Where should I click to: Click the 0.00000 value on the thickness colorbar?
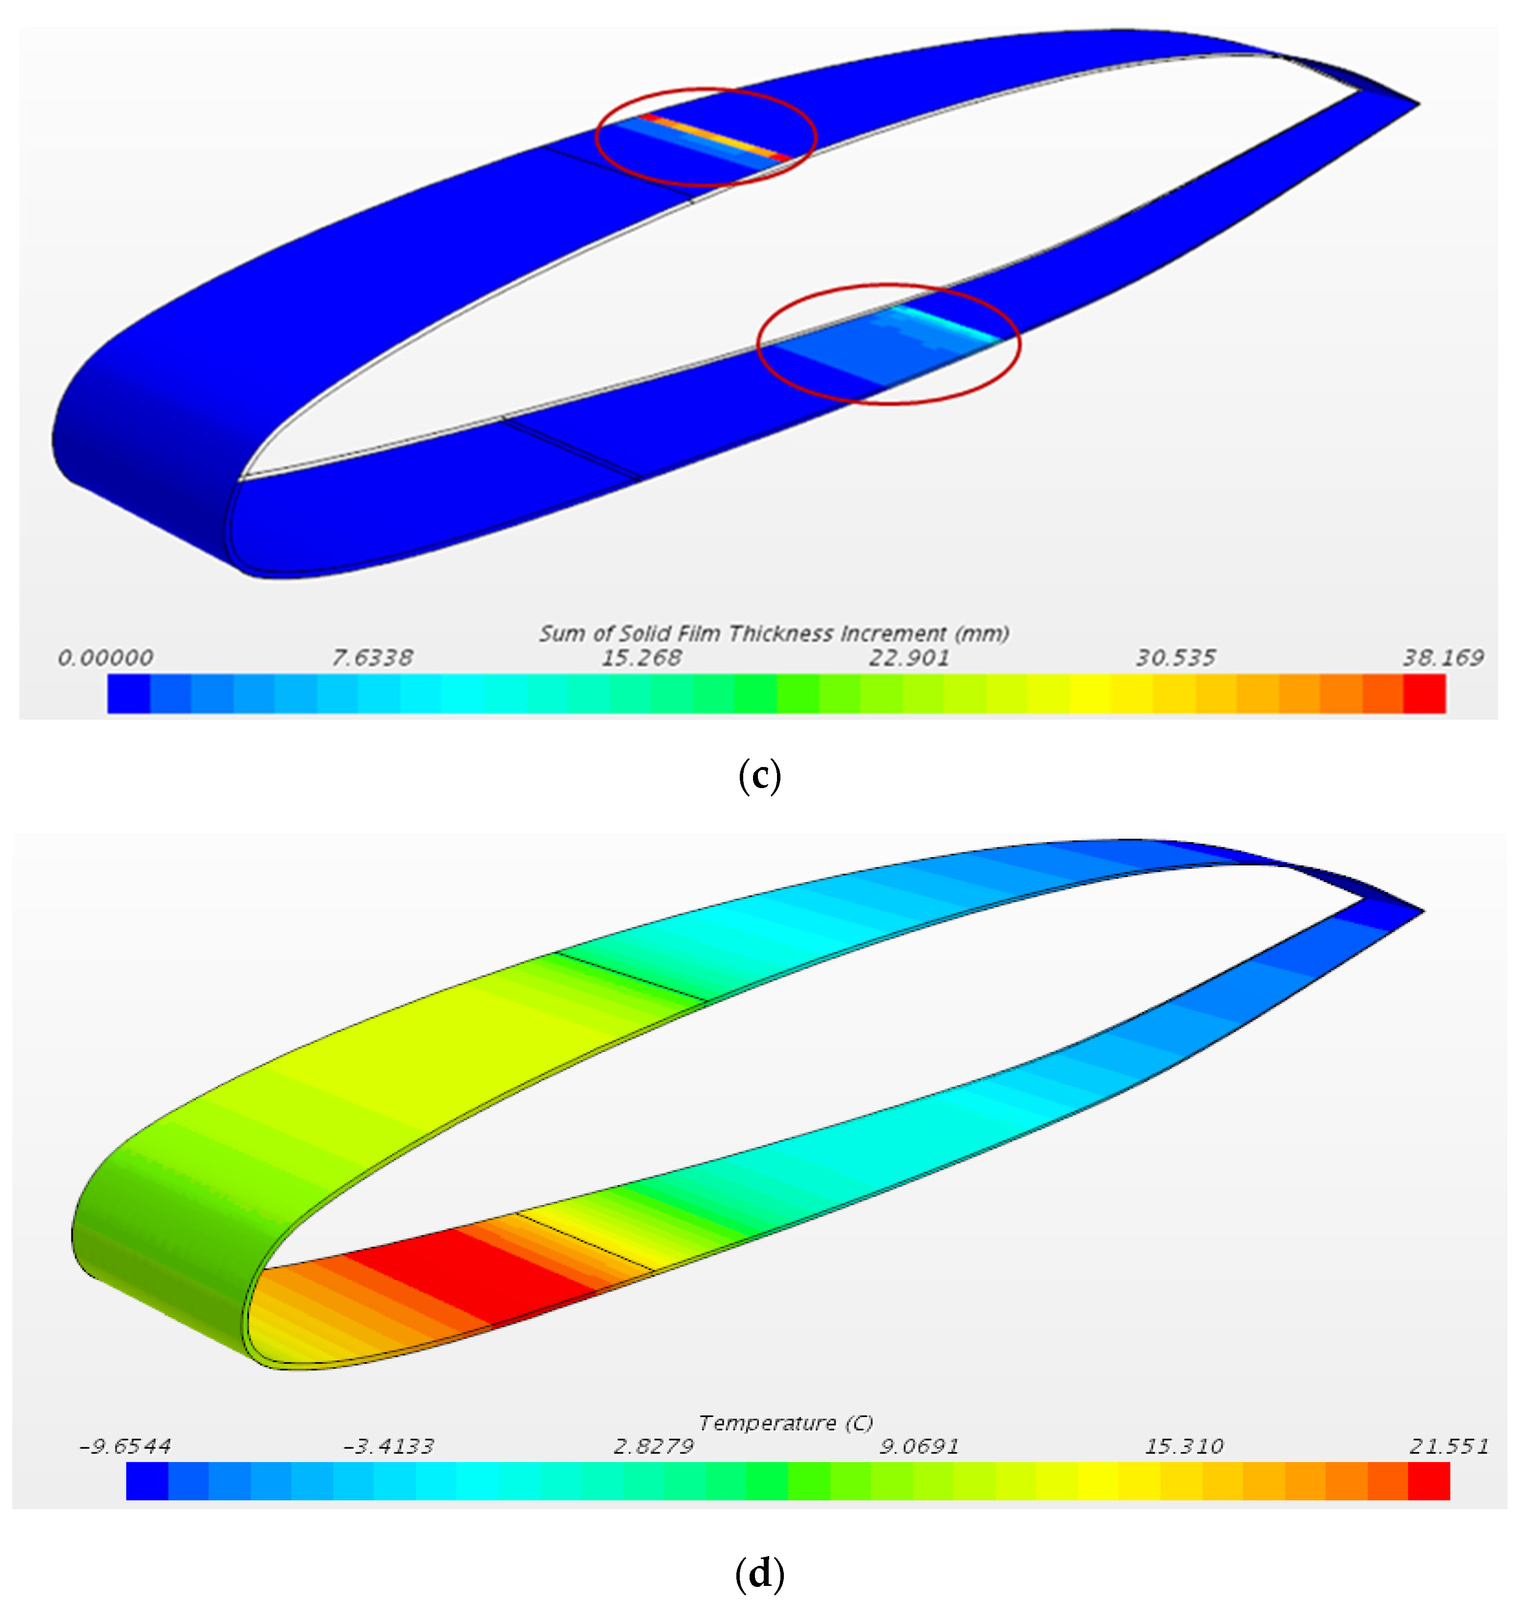point(105,657)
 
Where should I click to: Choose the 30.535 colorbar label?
point(1176,657)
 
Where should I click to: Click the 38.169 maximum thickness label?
point(1443,657)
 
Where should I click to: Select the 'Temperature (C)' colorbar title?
point(786,1422)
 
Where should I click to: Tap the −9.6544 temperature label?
point(125,1446)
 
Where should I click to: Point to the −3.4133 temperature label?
point(389,1446)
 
